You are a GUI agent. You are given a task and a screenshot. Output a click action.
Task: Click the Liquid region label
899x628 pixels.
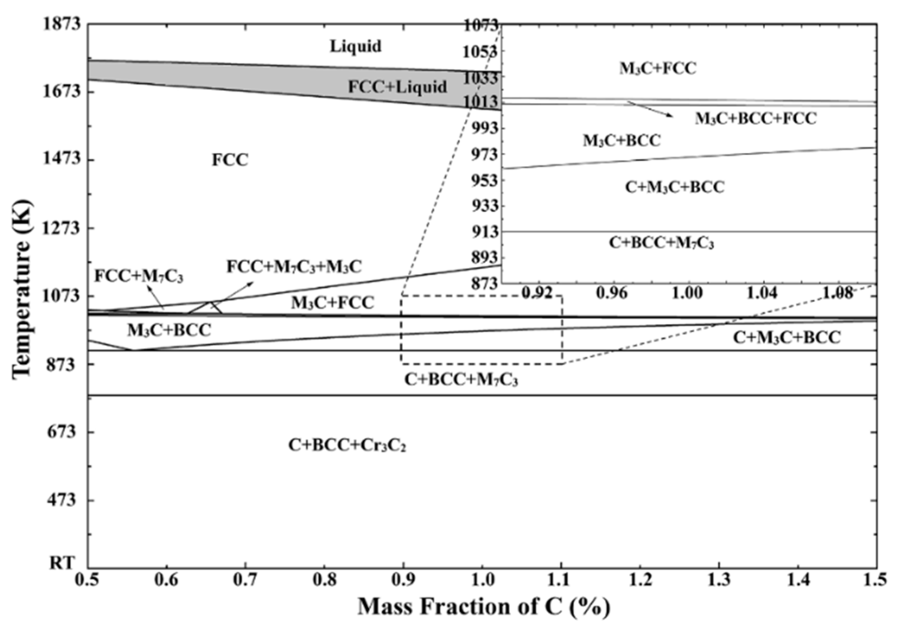click(x=355, y=46)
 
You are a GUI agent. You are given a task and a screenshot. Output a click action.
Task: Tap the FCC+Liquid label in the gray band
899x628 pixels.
click(x=397, y=86)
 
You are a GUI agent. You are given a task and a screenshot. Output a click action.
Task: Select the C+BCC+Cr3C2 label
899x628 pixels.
click(x=347, y=445)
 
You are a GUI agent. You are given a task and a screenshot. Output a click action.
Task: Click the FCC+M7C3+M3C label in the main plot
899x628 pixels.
click(x=294, y=266)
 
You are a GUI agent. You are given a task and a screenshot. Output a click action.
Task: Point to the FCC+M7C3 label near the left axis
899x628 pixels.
click(x=139, y=276)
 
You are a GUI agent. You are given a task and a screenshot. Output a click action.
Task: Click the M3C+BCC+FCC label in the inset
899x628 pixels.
click(x=755, y=118)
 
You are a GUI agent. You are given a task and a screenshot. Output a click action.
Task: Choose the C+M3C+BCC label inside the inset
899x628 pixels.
click(x=674, y=187)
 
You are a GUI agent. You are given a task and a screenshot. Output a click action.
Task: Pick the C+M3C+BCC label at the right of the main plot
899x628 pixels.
click(x=787, y=338)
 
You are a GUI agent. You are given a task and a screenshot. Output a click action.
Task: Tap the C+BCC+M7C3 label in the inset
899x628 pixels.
click(x=661, y=243)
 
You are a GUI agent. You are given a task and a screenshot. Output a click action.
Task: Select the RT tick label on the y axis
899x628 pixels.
click(x=62, y=563)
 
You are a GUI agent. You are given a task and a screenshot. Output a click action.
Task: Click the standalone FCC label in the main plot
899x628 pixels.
click(x=230, y=159)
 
